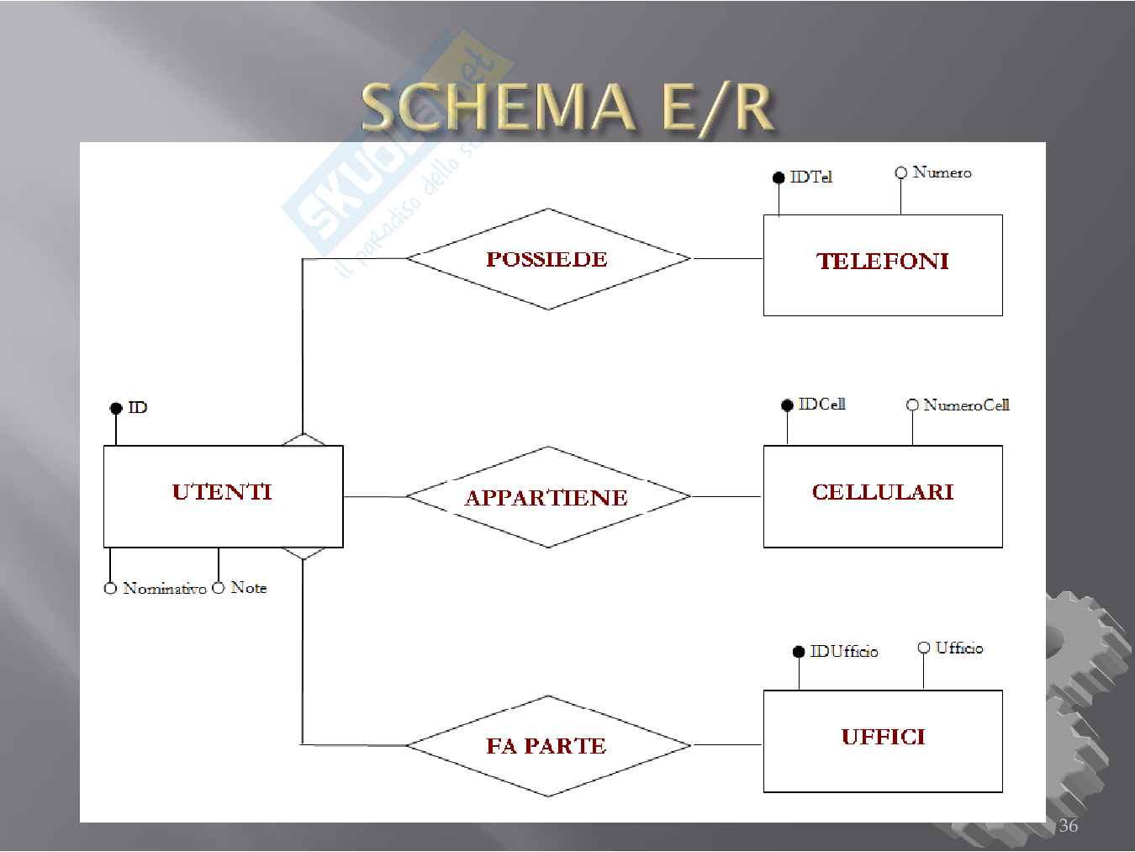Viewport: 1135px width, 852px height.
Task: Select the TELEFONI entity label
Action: click(x=883, y=262)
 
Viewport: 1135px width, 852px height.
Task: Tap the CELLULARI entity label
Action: click(x=883, y=492)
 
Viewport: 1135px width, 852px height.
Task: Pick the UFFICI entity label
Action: click(x=883, y=737)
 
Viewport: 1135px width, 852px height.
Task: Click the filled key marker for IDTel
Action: click(x=779, y=178)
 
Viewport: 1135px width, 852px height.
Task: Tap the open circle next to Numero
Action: click(x=900, y=172)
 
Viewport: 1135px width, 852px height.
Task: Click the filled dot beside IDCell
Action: click(x=787, y=405)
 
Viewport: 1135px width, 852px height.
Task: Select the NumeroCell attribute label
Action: click(x=966, y=405)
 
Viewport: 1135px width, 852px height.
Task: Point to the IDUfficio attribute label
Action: click(x=844, y=651)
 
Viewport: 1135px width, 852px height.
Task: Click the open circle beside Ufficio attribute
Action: click(x=923, y=648)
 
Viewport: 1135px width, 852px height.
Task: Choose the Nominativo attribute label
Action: click(x=165, y=588)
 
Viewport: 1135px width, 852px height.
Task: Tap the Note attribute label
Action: click(x=249, y=588)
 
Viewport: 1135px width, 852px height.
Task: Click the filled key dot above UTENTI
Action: click(x=116, y=408)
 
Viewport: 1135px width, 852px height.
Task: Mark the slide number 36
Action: click(x=1069, y=825)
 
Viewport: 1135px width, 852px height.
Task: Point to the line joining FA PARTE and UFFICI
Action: click(x=727, y=745)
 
